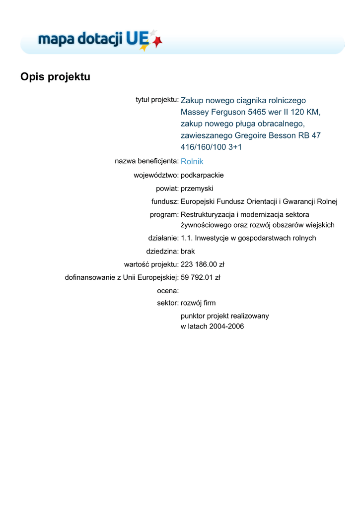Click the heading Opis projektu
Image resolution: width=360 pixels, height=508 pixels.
pos(55,77)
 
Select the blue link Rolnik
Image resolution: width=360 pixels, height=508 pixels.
pos(192,161)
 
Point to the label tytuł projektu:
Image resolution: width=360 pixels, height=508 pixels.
pos(157,100)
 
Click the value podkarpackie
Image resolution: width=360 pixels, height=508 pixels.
pos(202,175)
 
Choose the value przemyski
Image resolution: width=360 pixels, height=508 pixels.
pos(197,189)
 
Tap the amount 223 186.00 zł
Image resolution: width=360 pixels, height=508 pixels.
pos(202,264)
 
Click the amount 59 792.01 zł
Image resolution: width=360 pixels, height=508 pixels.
pos(200,277)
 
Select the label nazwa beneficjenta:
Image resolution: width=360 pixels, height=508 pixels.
pos(146,161)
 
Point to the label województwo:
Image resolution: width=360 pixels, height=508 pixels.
pos(156,175)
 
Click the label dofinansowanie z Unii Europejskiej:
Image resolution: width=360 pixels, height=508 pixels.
pos(122,277)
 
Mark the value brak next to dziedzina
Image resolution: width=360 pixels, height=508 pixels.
pos(188,251)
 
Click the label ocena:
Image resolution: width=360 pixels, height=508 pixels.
pos(168,291)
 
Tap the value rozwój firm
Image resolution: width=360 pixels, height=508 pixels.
pos(198,303)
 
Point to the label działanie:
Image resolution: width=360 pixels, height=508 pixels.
pos(163,238)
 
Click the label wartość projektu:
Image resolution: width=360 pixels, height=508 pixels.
pos(151,264)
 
